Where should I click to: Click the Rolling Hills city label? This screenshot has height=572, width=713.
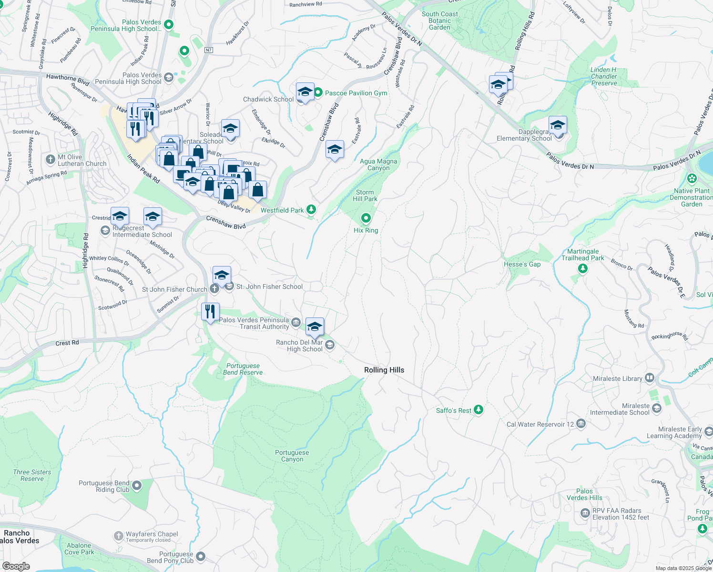[384, 370]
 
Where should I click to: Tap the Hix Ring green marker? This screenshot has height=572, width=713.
[366, 218]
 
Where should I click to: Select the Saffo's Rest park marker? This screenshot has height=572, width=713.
[479, 409]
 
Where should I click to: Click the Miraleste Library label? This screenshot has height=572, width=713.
[618, 378]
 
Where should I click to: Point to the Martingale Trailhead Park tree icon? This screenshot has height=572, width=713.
[582, 269]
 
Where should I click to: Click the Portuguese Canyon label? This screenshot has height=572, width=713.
[292, 456]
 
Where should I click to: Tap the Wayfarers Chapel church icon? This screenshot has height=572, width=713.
[119, 536]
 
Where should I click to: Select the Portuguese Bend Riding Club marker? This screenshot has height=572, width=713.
[137, 486]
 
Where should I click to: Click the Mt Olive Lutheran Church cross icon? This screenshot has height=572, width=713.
[51, 159]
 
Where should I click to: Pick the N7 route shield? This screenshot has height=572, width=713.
[209, 50]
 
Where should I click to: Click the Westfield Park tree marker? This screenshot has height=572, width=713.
[311, 209]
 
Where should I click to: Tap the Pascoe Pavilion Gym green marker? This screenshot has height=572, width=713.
[318, 92]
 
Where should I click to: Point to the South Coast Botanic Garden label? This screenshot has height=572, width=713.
[439, 20]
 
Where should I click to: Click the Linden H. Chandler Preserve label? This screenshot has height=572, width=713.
[604, 76]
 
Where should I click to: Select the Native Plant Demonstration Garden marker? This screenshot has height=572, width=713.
[692, 179]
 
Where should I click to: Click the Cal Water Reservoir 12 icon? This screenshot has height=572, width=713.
[581, 423]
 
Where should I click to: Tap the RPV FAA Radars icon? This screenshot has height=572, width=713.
[585, 513]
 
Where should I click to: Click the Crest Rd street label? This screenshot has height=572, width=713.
[67, 343]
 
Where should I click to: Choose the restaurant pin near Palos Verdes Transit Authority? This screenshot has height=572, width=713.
[210, 312]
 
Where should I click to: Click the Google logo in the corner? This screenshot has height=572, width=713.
[16, 566]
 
